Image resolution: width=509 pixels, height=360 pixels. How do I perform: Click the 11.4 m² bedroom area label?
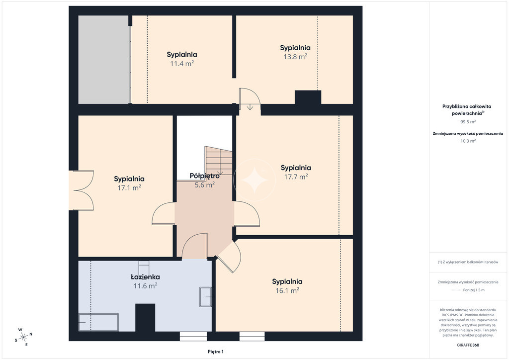click(x=182, y=64)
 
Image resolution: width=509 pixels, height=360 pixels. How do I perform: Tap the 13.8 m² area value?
click(x=295, y=57)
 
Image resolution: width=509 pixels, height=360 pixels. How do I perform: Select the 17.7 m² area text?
click(x=296, y=177)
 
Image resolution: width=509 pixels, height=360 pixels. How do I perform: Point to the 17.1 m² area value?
click(x=129, y=187)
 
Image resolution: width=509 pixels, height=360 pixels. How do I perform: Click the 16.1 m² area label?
click(x=287, y=290)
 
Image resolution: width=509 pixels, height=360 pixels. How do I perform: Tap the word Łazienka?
click(x=145, y=277)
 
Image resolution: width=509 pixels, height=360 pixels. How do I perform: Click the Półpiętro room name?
click(x=204, y=176)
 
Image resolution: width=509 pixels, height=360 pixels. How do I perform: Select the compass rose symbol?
click(x=23, y=338)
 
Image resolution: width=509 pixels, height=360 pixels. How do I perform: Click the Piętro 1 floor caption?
click(x=216, y=352)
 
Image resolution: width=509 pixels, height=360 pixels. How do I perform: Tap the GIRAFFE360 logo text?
click(x=468, y=345)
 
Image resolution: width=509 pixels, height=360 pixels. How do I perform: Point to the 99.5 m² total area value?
click(x=468, y=122)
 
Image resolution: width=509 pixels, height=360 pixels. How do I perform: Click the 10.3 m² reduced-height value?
click(x=468, y=141)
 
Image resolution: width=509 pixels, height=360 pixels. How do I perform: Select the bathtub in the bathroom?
click(x=99, y=322)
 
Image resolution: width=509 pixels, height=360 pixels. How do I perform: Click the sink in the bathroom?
click(x=205, y=297)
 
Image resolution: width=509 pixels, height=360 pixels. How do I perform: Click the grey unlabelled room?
click(x=104, y=60)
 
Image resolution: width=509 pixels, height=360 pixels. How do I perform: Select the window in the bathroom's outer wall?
click(x=193, y=336)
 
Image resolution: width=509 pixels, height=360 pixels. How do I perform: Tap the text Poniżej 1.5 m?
click(x=474, y=290)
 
